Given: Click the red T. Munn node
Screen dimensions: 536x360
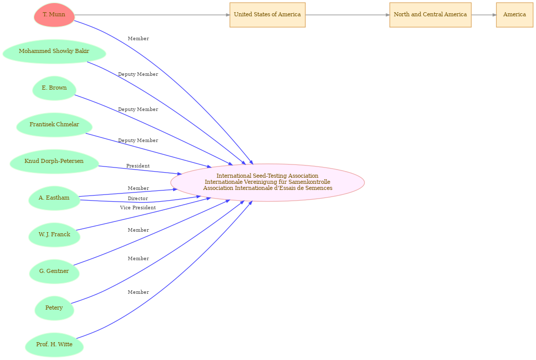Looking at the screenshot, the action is click(55, 15).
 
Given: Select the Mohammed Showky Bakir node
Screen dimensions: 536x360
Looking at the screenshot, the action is click(55, 51).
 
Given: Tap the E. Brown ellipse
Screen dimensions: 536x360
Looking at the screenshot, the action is click(55, 88).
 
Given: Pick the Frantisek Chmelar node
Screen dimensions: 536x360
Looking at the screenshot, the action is click(55, 125).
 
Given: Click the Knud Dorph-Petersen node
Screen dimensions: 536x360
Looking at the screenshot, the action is click(55, 161).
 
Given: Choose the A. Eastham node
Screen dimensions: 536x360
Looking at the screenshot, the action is click(55, 198).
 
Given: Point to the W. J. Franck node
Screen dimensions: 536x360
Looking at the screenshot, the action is click(55, 235).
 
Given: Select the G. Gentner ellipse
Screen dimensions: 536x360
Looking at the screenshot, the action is click(55, 271).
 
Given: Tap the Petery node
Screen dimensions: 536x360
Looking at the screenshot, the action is click(55, 308).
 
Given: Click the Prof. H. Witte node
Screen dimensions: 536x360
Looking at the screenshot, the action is click(55, 345).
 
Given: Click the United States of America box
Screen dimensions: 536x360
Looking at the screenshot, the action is click(267, 15).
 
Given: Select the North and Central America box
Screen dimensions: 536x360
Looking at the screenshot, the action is click(431, 15).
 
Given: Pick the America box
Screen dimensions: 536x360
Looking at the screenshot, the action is click(515, 15).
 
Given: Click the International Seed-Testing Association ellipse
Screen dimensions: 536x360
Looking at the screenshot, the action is click(267, 182).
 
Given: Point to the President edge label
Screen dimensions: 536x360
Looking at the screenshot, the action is click(138, 166).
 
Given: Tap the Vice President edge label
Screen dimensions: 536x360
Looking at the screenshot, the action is click(138, 208).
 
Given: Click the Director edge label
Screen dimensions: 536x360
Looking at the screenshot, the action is click(138, 199).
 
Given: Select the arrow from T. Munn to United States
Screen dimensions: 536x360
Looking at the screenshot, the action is click(152, 15).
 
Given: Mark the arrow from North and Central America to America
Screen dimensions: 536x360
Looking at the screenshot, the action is click(484, 15).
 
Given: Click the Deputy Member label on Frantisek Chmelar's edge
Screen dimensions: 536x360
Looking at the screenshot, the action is click(138, 141).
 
